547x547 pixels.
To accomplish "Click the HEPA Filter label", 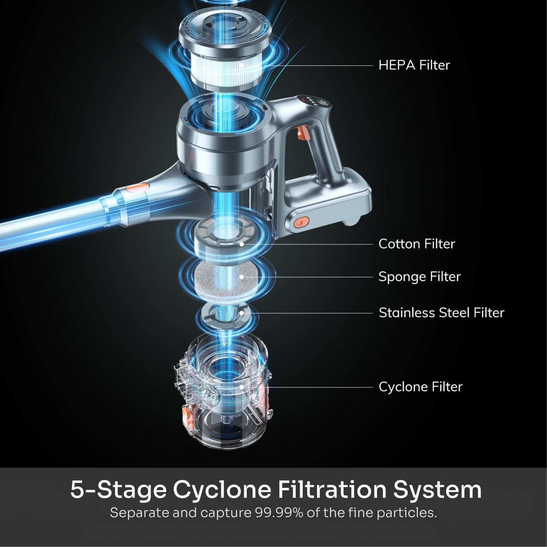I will (x=414, y=65).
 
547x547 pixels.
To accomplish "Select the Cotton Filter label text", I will (x=416, y=244).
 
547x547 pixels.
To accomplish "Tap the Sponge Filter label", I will (x=419, y=277).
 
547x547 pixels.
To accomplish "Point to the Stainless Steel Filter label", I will (x=441, y=313).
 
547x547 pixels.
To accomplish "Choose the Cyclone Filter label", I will (x=420, y=387).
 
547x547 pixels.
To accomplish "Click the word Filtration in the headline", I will (x=332, y=489).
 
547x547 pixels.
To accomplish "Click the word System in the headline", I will (x=437, y=489).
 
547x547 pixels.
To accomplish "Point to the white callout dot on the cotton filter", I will (x=241, y=244).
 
